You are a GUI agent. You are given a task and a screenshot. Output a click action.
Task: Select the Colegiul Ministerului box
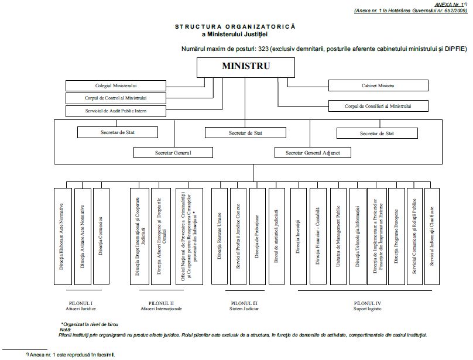[116, 85]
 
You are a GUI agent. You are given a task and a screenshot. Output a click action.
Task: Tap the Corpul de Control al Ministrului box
[116, 98]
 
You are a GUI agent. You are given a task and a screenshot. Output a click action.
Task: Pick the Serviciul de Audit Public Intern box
[116, 110]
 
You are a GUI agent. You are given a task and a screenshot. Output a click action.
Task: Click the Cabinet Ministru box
[378, 85]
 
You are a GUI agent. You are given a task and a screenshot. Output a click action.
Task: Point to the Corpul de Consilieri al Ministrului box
[378, 107]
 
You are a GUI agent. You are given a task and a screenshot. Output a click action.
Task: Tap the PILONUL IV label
[367, 303]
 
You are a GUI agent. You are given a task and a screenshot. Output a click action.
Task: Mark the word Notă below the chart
[65, 330]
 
